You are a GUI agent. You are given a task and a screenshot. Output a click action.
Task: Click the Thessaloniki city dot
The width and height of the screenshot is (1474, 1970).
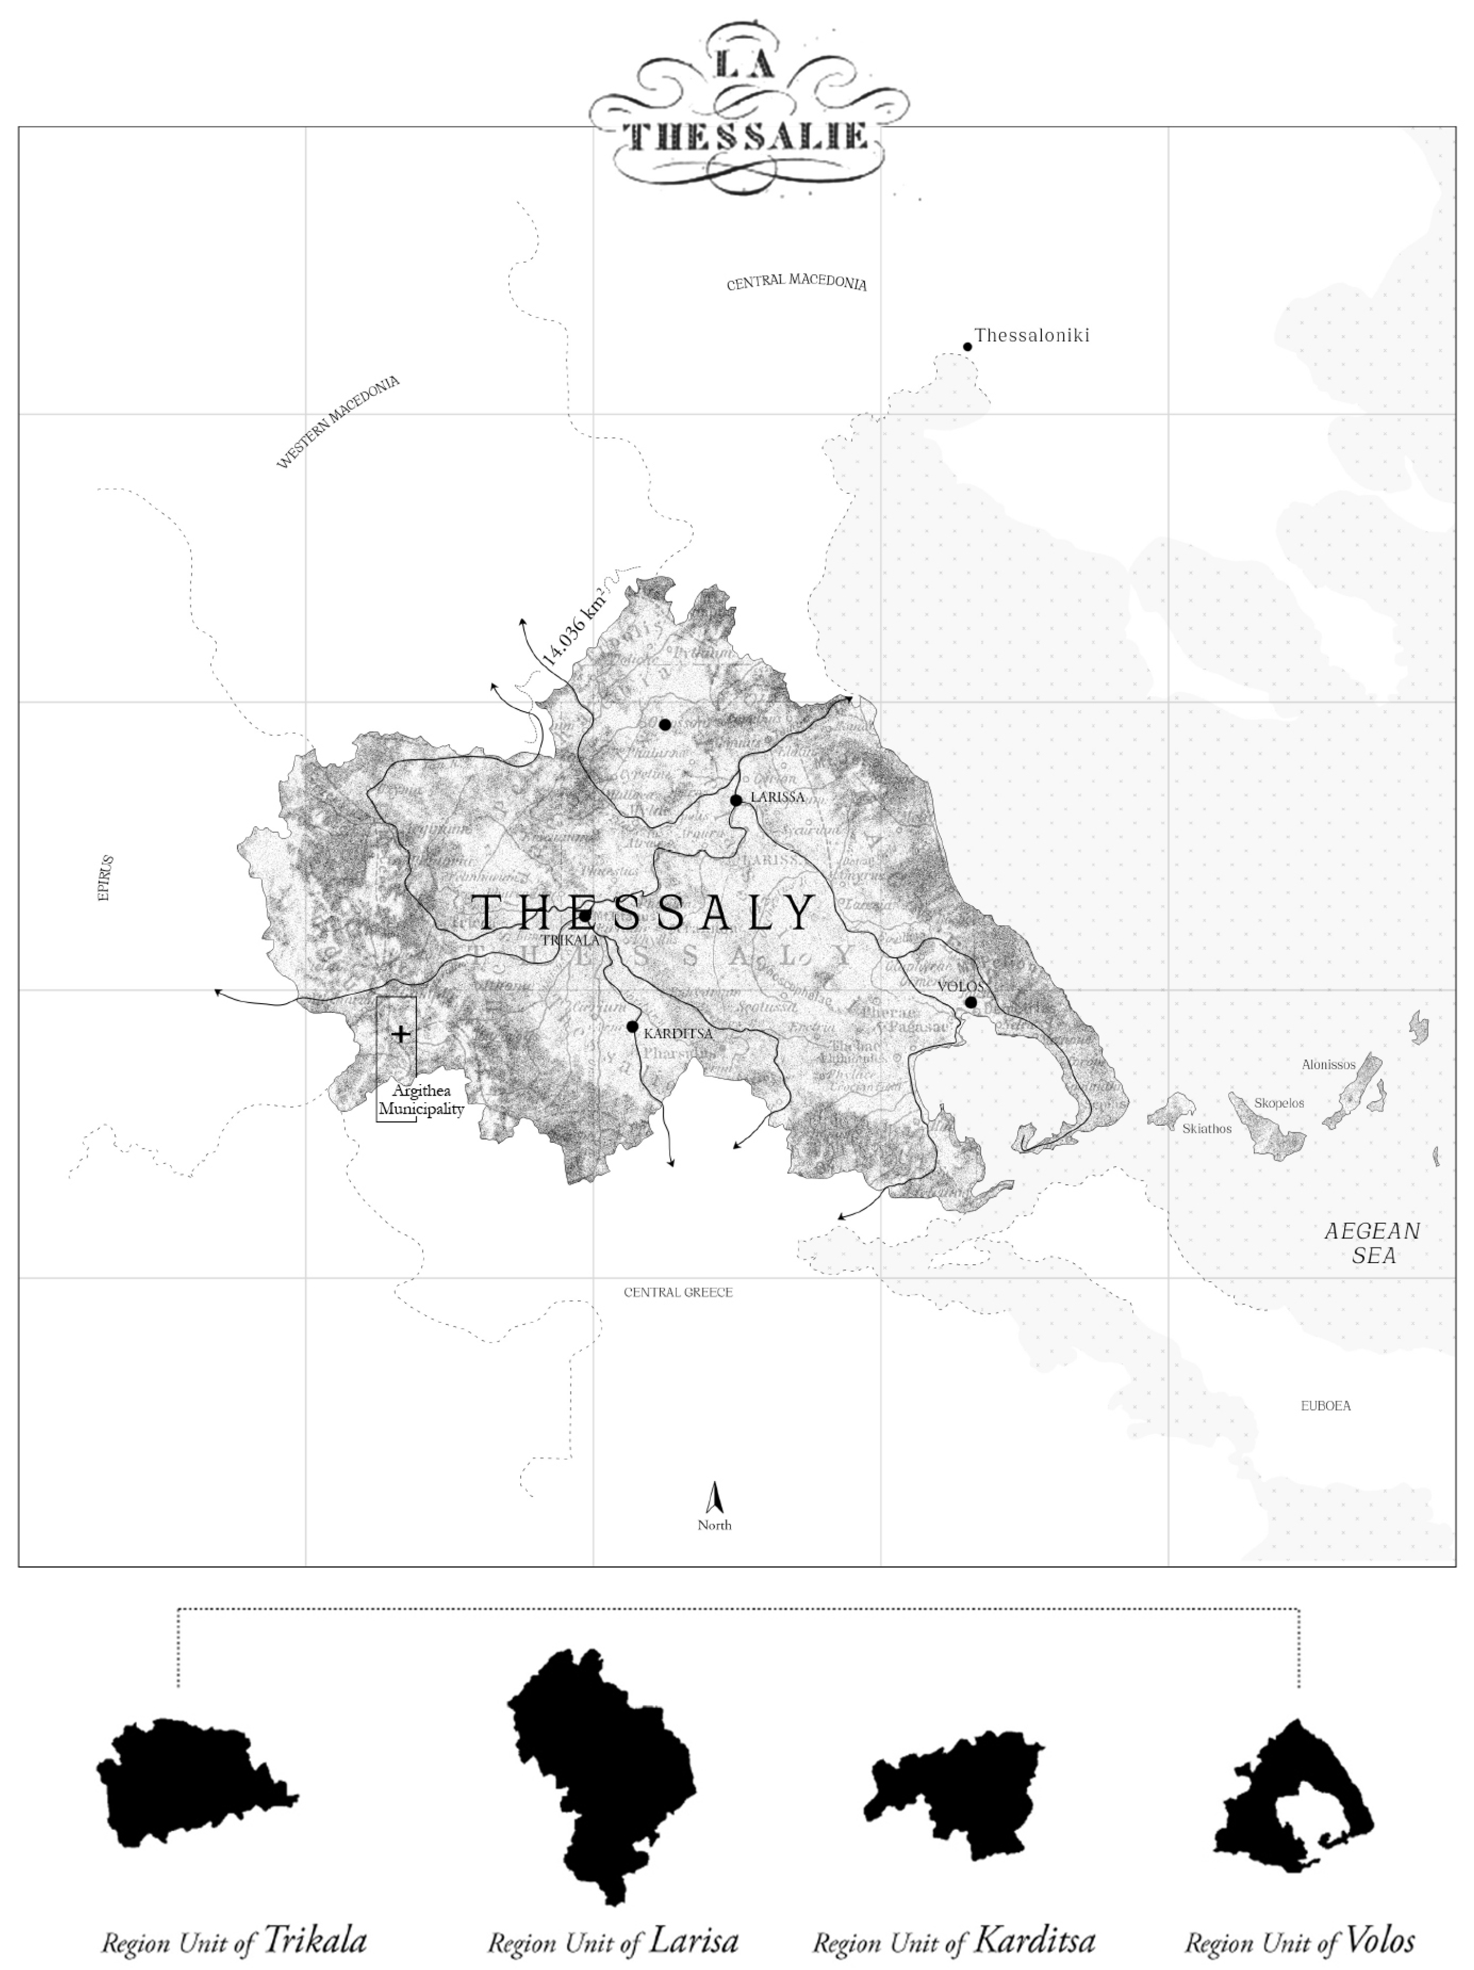pos(967,347)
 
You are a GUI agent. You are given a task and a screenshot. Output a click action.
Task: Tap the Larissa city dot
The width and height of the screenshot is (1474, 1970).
pos(736,800)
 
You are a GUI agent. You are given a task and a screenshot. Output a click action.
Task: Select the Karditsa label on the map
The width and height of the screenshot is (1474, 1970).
pos(678,1034)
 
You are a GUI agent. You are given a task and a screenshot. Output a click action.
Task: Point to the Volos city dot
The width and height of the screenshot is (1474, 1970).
pos(971,1003)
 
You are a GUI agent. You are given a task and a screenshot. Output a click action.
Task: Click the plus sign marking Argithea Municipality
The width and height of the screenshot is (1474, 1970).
pos(401,1034)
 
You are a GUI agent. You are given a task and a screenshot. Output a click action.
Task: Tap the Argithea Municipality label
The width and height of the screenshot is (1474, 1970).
pos(421,1100)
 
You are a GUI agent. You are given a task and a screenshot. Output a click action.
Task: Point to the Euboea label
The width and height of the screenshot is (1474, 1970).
pos(1325,1406)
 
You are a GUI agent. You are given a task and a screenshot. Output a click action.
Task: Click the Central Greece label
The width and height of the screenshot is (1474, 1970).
pos(678,1292)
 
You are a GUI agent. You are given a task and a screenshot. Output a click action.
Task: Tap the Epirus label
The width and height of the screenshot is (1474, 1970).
pos(105,878)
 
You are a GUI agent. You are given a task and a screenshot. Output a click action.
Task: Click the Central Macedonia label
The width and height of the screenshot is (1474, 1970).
pos(796,283)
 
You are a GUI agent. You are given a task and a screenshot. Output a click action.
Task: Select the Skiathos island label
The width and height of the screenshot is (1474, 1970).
pos(1207,1128)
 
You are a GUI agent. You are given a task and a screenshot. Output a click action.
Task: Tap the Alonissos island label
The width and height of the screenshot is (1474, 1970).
pos(1328,1064)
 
